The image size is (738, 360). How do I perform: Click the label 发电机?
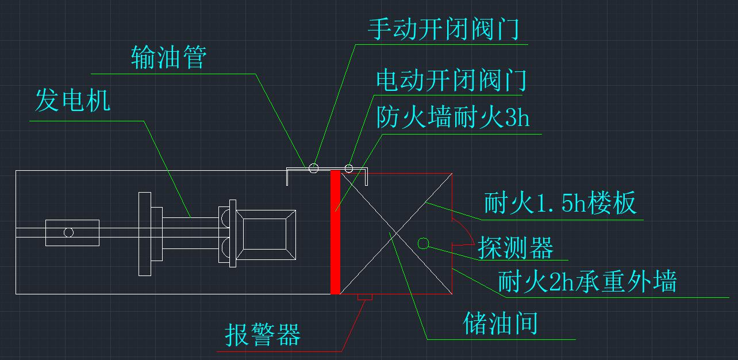pos(72,101)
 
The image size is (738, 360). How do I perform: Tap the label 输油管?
pos(168,58)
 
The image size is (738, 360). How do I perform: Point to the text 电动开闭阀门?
pos(451,80)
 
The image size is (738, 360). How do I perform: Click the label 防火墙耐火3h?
pos(453,118)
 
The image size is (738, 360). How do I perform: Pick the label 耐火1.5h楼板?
pos(560,204)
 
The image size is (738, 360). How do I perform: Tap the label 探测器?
pos(516,247)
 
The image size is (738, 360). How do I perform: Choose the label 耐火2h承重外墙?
pos(587,282)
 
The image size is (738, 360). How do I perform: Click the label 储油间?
pos(500,324)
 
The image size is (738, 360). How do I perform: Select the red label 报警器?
pos(263,334)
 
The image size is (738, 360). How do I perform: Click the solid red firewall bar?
pos(335,232)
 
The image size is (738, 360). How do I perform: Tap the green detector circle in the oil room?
pos(423,243)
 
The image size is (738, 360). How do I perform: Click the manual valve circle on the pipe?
pos(313,168)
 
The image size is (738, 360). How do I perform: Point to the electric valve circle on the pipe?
pos(348,168)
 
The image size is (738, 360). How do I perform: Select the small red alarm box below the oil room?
pos(365,297)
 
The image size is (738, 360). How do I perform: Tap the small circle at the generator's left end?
pos(68,232)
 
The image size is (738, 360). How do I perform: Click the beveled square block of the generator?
pos(267,232)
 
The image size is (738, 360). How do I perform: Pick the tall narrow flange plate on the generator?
pos(144,233)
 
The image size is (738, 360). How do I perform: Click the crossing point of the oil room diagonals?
pos(396,233)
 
